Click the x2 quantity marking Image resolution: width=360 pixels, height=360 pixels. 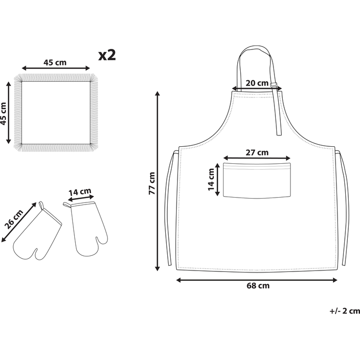(107, 55)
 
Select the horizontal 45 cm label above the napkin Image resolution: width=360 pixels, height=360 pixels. (55, 62)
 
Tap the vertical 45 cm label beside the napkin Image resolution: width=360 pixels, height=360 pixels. (3, 114)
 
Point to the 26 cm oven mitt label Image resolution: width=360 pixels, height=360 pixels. (14, 219)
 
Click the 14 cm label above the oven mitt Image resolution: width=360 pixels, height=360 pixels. (80, 192)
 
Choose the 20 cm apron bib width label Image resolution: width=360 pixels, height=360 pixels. (257, 83)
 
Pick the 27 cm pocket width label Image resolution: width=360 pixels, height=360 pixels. (257, 153)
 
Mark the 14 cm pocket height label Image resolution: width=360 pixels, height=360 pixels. (211, 180)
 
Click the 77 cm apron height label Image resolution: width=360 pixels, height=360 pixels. (152, 183)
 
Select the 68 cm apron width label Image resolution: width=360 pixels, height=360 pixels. (258, 286)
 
